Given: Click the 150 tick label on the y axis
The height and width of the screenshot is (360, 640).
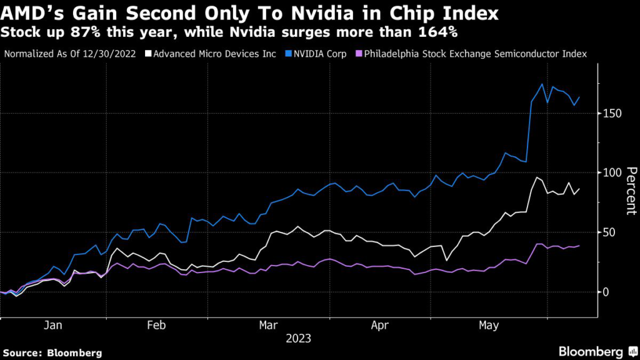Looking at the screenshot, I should [612, 113].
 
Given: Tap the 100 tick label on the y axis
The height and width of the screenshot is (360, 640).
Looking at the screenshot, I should [612, 172].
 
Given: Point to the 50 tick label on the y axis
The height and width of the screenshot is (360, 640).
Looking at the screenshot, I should [610, 232].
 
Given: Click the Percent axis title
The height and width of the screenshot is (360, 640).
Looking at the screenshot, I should [631, 191].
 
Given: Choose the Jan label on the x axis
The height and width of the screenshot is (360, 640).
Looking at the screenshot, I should [53, 326].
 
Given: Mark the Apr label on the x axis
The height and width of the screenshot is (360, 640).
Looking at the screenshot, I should [380, 326].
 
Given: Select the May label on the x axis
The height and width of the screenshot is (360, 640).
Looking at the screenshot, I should [489, 326].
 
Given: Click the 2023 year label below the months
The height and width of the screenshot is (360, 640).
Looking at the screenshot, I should [298, 339].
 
